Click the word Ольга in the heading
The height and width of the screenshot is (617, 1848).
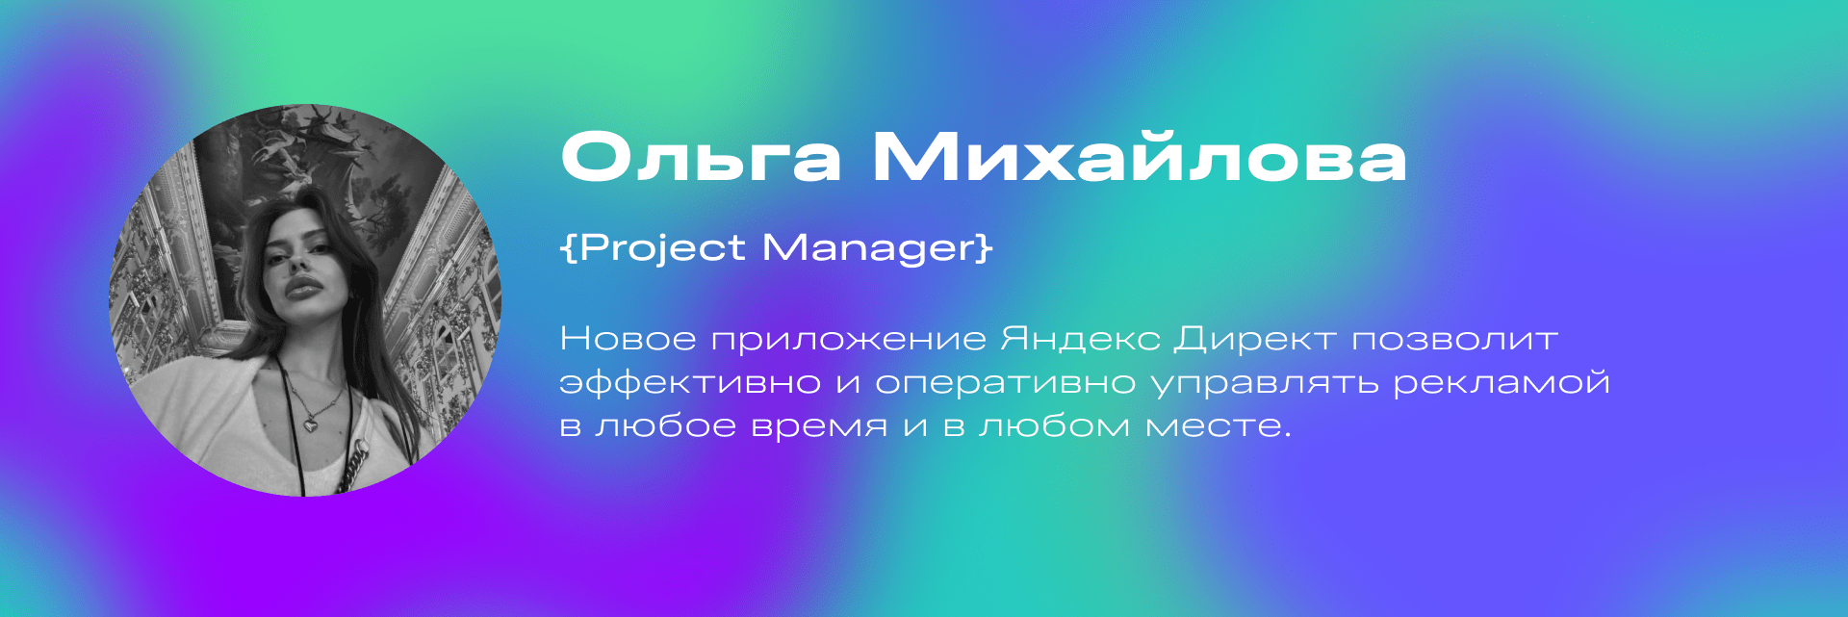tap(701, 157)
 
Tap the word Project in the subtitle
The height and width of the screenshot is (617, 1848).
tap(662, 248)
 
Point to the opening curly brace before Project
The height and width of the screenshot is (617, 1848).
tap(569, 247)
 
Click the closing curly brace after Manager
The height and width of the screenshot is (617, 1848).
tap(984, 247)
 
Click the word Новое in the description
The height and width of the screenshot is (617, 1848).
tap(628, 339)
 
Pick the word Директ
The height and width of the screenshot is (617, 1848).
tap(1255, 340)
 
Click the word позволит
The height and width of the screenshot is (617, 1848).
tap(1454, 340)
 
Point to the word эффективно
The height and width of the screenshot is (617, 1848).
tap(690, 383)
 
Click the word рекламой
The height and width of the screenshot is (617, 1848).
tap(1501, 383)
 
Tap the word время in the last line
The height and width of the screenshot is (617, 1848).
tap(819, 426)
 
